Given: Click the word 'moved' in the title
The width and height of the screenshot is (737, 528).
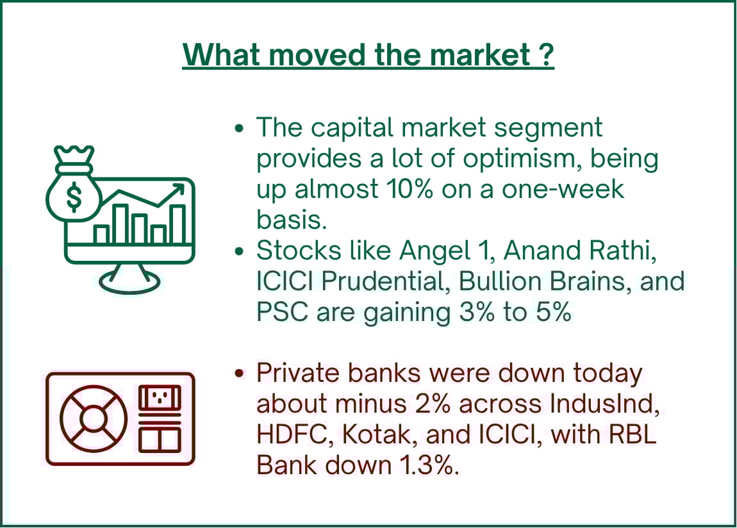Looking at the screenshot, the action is [x=318, y=55].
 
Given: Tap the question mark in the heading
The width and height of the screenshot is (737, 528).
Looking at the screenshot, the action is [x=546, y=55].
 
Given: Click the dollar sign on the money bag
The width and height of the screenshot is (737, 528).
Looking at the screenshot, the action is [x=73, y=196].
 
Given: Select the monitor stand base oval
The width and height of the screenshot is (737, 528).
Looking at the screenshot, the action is [x=129, y=282].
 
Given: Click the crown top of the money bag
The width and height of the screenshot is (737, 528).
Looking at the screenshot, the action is [x=74, y=154].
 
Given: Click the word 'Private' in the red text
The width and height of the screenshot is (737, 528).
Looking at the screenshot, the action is [x=298, y=374].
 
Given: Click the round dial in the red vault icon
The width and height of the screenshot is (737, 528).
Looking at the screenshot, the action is [x=94, y=418].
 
